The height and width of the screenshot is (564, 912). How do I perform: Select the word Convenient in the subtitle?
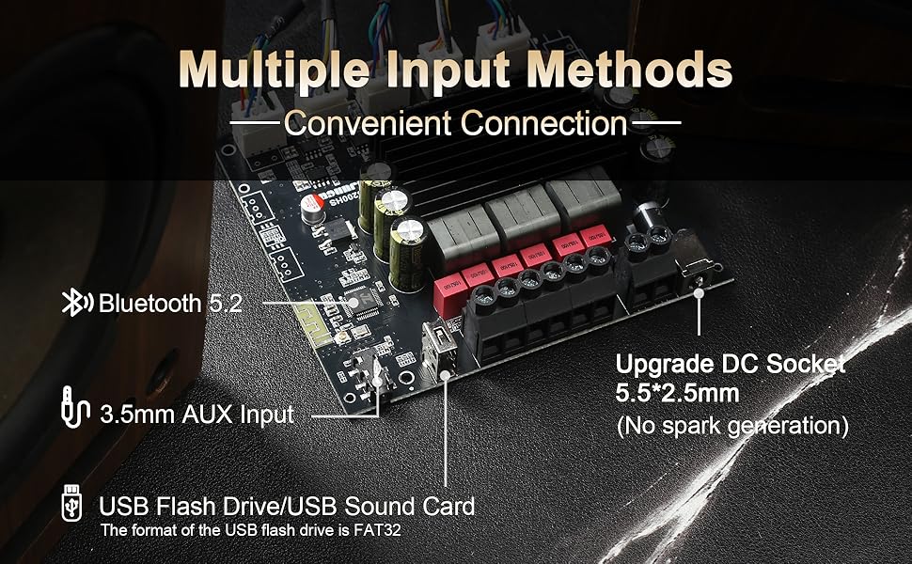367,123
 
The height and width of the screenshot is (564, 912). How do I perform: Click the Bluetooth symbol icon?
77,303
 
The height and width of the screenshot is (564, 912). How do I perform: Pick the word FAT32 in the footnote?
388,531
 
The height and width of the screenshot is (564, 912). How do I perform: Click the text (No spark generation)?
733,425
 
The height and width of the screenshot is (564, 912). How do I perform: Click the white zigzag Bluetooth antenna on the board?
308,315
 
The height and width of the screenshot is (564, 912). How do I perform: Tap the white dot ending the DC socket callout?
700,293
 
